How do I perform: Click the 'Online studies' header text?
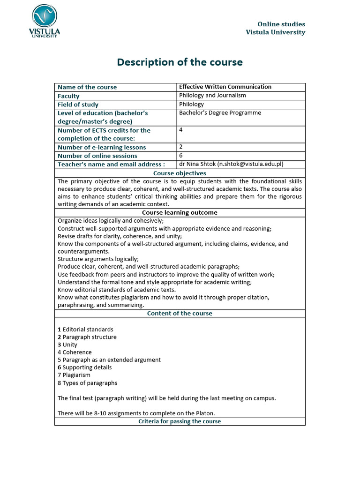281,24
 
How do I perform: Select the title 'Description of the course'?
180,62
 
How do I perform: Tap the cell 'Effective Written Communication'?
225,87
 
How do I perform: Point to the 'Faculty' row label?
68,96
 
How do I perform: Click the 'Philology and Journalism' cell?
212,95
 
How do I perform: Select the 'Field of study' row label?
78,104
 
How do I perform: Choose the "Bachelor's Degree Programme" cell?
220,112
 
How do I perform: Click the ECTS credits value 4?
181,130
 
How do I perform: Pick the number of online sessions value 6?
181,156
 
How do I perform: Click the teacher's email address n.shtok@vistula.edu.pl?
251,164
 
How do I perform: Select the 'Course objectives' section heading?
180,173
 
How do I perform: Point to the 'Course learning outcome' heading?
180,212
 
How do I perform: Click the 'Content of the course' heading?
180,313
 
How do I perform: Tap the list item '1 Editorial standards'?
85,330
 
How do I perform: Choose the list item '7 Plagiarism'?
74,375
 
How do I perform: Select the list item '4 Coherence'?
75,352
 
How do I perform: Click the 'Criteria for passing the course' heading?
180,421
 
